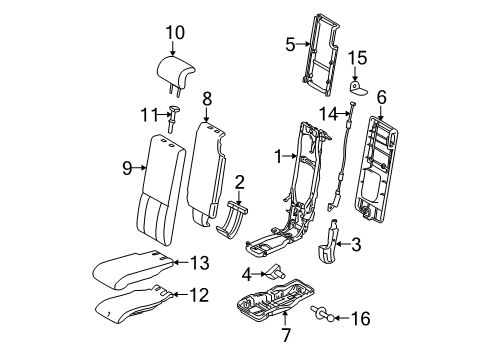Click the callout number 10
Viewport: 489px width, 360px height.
(175, 33)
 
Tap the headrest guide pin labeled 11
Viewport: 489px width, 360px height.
(174, 118)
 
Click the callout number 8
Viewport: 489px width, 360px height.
(207, 99)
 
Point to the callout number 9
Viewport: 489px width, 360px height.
(127, 168)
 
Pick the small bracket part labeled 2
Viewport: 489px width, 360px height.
(232, 219)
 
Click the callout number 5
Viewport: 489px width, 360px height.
(290, 44)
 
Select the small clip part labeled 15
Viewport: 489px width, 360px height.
(357, 87)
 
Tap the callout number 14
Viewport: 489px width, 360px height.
(329, 114)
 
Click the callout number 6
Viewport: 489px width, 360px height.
(382, 97)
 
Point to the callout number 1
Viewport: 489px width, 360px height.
(279, 156)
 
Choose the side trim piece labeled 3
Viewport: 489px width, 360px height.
(328, 242)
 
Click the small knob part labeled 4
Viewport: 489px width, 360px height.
(274, 271)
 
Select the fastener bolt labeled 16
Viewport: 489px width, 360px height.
(322, 314)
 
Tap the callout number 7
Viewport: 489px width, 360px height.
(287, 335)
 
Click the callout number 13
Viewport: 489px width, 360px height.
(200, 263)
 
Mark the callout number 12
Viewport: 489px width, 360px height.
(199, 295)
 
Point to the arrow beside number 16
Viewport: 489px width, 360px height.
(341, 318)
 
